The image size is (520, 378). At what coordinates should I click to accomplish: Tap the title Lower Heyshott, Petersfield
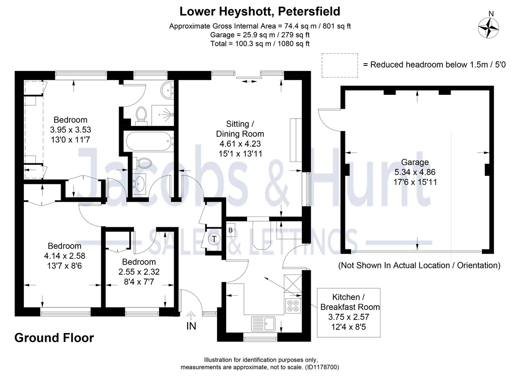pyautogui.click(x=260, y=10)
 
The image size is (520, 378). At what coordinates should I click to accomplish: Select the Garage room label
pyautogui.click(x=414, y=162)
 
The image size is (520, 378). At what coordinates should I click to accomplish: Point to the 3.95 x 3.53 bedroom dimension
pyautogui.click(x=70, y=129)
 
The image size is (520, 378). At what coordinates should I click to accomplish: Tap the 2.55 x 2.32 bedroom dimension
pyautogui.click(x=139, y=272)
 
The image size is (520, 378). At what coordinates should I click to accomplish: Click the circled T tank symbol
pyautogui.click(x=214, y=238)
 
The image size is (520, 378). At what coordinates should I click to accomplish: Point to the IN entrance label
pyautogui.click(x=191, y=326)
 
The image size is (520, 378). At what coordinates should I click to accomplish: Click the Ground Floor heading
pyautogui.click(x=54, y=338)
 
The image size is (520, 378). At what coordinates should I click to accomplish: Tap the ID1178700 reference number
pyautogui.click(x=322, y=367)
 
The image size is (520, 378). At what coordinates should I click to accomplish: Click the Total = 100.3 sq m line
pyautogui.click(x=260, y=43)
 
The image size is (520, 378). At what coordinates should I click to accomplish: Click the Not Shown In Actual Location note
pyautogui.click(x=419, y=265)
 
